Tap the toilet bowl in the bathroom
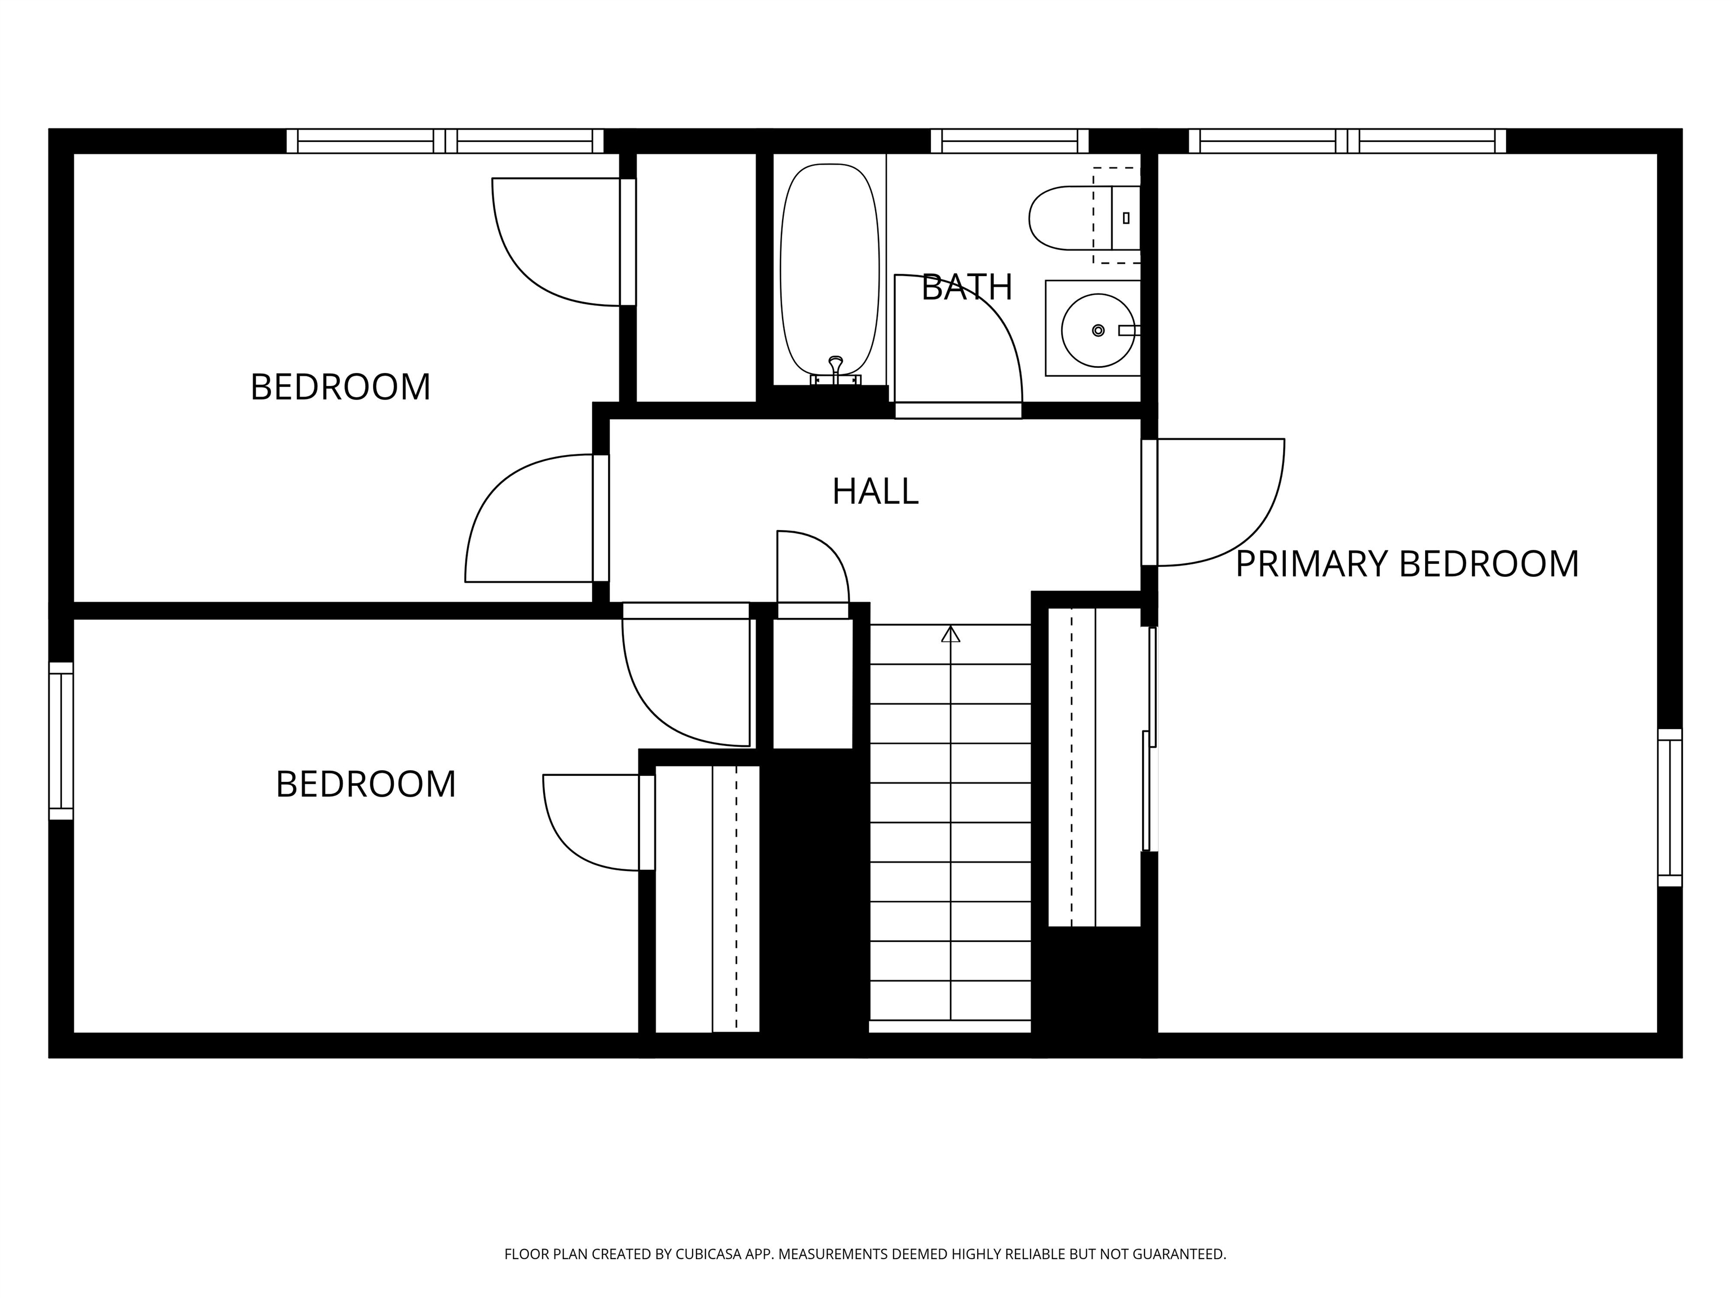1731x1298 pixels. [1060, 217]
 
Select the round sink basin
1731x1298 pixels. [1097, 330]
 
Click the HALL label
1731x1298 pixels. [875, 491]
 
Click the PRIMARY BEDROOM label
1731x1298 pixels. [1406, 564]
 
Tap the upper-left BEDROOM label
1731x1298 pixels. [340, 386]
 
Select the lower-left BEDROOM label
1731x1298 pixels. [366, 784]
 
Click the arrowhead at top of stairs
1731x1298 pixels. [950, 634]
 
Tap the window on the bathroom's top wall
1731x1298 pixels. [1010, 141]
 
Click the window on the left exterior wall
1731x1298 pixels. [61, 741]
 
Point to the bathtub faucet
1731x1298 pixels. [836, 368]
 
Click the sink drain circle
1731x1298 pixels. [1098, 330]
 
